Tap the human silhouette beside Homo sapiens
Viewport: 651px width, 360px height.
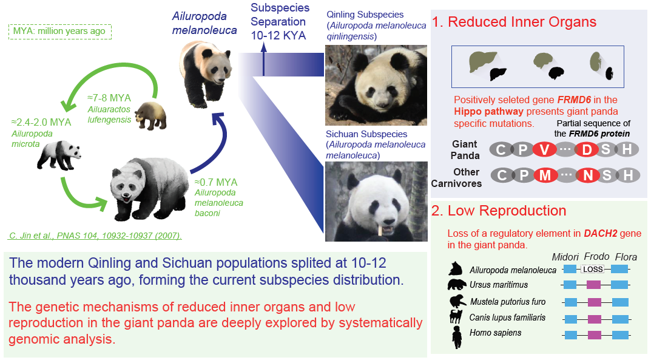pos(457,336)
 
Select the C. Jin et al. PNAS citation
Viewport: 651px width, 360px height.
pos(96,236)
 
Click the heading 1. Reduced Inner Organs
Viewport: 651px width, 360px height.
pos(514,23)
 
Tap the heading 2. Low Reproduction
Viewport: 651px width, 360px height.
pos(499,211)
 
